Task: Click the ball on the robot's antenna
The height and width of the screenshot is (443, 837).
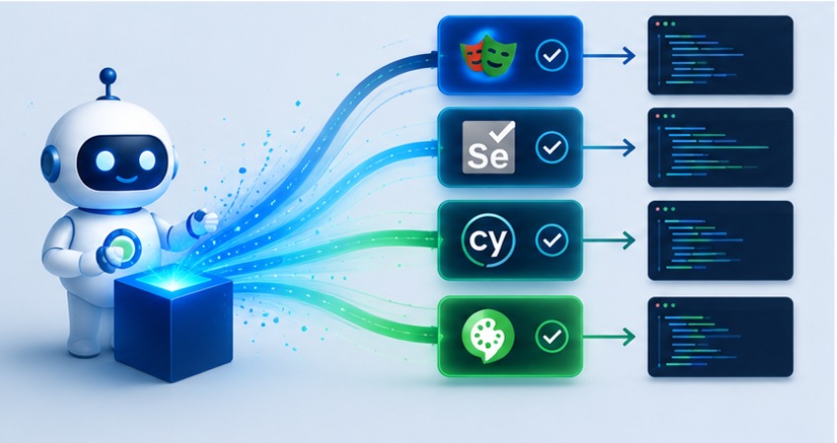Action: pyautogui.click(x=107, y=76)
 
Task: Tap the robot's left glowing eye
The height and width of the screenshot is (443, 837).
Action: pyautogui.click(x=105, y=159)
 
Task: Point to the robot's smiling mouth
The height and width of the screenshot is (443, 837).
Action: pyautogui.click(x=126, y=179)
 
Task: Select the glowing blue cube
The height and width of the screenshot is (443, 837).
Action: pyautogui.click(x=174, y=323)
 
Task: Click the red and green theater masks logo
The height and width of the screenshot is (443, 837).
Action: pyautogui.click(x=487, y=54)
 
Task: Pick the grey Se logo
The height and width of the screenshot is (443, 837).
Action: pyautogui.click(x=488, y=147)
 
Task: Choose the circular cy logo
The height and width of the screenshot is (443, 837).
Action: pyautogui.click(x=488, y=240)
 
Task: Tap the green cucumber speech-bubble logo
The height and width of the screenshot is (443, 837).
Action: pyautogui.click(x=487, y=337)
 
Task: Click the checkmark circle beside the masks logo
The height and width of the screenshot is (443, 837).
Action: pyautogui.click(x=552, y=54)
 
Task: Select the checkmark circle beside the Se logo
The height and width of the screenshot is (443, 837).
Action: pyautogui.click(x=552, y=147)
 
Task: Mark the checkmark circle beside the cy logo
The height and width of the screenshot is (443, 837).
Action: pyautogui.click(x=552, y=240)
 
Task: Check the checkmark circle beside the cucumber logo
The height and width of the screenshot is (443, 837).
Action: pyautogui.click(x=552, y=337)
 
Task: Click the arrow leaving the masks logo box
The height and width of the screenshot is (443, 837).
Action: pyautogui.click(x=609, y=55)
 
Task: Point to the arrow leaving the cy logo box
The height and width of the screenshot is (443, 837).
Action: pyautogui.click(x=609, y=240)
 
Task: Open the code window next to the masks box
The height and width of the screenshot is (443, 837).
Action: pyautogui.click(x=720, y=55)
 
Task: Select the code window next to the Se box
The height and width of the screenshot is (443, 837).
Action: pyautogui.click(x=720, y=148)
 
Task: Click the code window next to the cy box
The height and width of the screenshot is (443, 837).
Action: pyautogui.click(x=720, y=240)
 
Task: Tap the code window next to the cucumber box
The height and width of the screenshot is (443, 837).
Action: pyautogui.click(x=720, y=337)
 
